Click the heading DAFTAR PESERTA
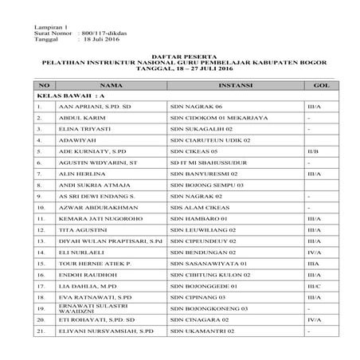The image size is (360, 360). pos(180,57)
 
